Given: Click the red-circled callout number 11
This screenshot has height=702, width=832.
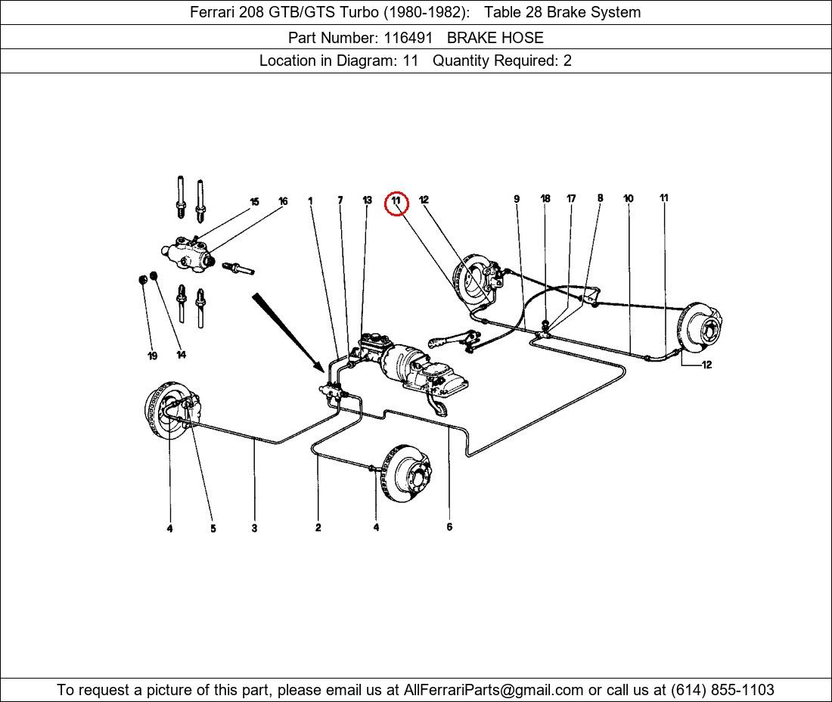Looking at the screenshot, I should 396,202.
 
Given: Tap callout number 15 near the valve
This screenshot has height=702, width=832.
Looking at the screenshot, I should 254,202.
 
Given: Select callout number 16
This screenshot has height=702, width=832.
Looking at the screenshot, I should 283,201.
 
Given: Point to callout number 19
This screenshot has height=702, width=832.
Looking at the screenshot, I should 152,356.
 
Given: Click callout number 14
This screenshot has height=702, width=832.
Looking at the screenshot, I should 181,354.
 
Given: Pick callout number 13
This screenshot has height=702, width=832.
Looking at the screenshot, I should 367,200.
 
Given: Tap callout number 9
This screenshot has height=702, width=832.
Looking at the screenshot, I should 517,199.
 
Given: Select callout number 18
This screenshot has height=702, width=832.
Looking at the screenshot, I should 545,199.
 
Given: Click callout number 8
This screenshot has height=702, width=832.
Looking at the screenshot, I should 600,198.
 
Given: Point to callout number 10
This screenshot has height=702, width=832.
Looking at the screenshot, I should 629,199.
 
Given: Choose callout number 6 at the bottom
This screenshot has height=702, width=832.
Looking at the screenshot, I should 449,526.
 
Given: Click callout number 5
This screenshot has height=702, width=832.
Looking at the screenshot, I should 213,529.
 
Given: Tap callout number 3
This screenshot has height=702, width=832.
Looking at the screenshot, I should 254,528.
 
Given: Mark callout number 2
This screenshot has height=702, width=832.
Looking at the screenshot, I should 318,527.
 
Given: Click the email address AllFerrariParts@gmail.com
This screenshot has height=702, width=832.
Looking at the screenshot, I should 493,690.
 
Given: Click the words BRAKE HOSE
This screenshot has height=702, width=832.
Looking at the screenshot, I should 495,37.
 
